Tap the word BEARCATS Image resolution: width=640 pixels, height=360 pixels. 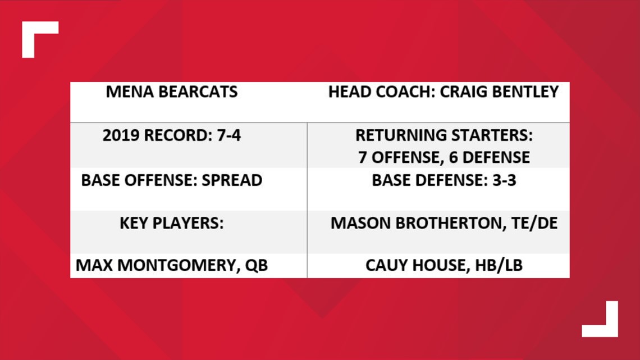pos(198,92)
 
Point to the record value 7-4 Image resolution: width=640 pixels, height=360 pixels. pos(229,135)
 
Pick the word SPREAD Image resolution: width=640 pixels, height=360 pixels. pos(232,180)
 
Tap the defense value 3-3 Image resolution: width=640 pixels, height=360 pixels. pos(504,180)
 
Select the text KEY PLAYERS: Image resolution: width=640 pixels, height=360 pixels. pos(171,224)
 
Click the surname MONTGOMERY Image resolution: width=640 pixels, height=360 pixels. pos(179,266)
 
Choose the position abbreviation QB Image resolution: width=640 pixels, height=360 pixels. pos(257,266)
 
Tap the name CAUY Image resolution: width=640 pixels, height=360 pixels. pos(387,266)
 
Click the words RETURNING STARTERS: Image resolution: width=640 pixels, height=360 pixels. pos(444,135)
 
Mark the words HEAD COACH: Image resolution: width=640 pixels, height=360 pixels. pos(382,92)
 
